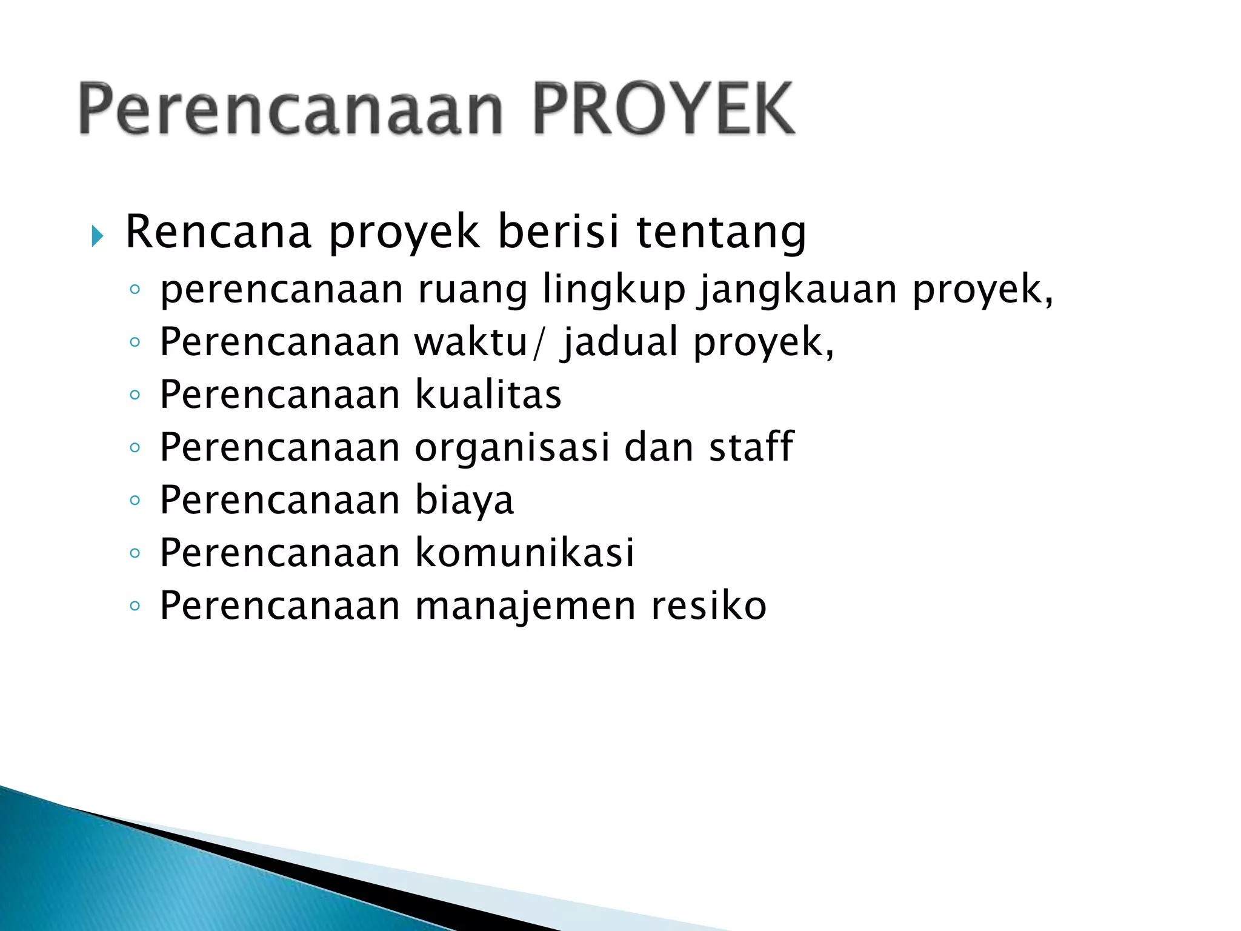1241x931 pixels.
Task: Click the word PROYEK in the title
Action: click(663, 109)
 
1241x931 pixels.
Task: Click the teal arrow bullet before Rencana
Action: click(97, 236)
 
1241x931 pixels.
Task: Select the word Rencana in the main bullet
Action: click(218, 232)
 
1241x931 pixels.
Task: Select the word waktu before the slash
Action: click(471, 342)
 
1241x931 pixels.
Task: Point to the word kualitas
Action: click(488, 395)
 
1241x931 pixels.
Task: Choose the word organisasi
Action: click(512, 447)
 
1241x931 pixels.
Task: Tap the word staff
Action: click(751, 447)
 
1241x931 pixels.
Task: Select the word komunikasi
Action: click(524, 553)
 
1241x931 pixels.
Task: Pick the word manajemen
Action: click(525, 606)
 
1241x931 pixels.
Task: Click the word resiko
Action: click(708, 606)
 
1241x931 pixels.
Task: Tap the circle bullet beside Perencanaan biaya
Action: click(135, 501)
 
